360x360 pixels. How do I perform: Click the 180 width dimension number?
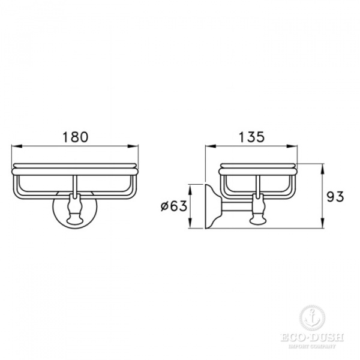76,137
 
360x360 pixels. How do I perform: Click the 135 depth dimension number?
251,137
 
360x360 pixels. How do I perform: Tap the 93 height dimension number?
335,197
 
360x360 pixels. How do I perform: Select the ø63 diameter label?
174,206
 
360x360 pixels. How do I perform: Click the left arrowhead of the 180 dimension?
17,146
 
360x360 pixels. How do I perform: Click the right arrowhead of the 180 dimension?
133,146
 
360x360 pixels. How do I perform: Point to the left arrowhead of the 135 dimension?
211,146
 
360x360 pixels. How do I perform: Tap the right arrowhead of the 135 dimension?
292,146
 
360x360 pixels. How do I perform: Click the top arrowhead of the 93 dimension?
323,169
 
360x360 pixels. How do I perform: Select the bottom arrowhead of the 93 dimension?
323,223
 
